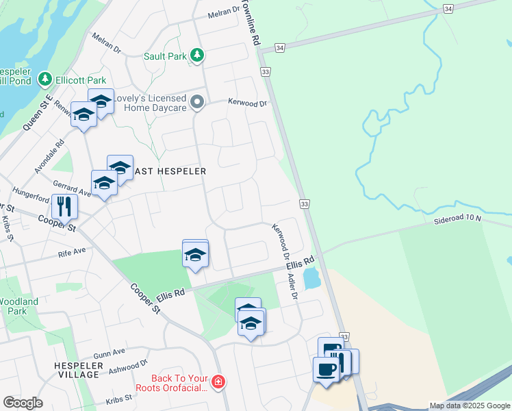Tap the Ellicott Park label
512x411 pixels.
coord(78,79)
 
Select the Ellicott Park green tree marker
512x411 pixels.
coord(45,79)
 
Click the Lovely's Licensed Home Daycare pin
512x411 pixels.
coord(198,103)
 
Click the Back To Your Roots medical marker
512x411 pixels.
coord(218,381)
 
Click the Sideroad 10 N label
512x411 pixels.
coord(458,219)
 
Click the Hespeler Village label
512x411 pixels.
coord(78,370)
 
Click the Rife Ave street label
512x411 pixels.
coord(71,251)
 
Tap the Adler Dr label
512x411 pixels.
coord(292,286)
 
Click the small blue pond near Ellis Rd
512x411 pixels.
coord(311,278)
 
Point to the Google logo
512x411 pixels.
coord(23,403)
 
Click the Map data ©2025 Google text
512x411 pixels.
coord(470,406)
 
